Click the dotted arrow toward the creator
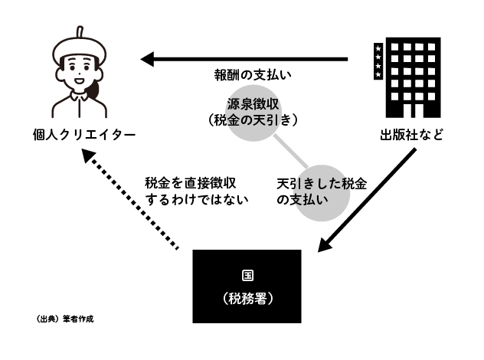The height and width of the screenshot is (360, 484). click(x=130, y=201)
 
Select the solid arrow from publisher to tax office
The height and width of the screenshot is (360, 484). click(x=368, y=201)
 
